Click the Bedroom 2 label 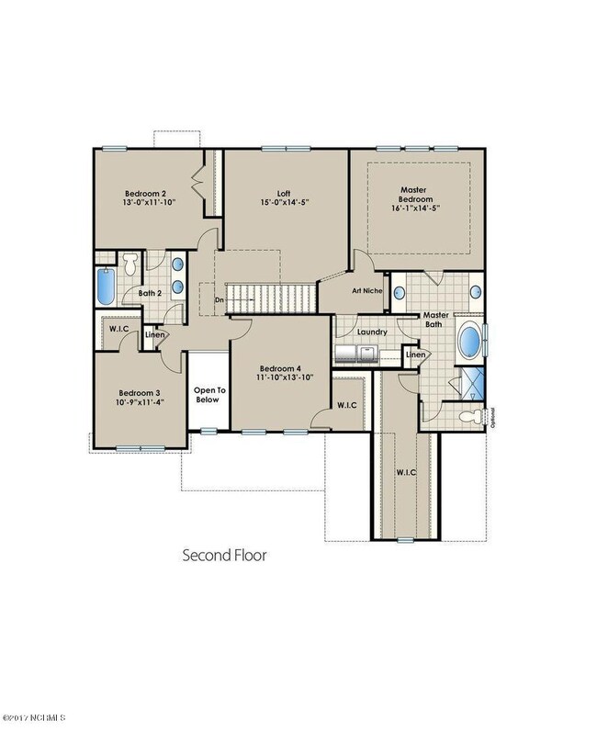pos(145,194)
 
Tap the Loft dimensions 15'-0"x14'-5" pos(284,202)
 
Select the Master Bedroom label pos(415,195)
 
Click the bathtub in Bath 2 pos(106,287)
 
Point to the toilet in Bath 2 pos(130,264)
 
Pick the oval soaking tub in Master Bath pos(469,340)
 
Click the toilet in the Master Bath pos(471,417)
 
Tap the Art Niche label pos(367,290)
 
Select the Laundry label pos(372,332)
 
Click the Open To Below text pos(209,395)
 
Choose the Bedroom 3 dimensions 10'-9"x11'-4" pos(140,402)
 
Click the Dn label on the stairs pos(219,300)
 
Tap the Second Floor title pos(225,555)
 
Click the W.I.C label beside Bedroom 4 pos(347,405)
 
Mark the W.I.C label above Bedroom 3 pos(118,329)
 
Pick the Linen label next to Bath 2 pos(155,334)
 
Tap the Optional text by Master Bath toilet pos(493,418)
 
